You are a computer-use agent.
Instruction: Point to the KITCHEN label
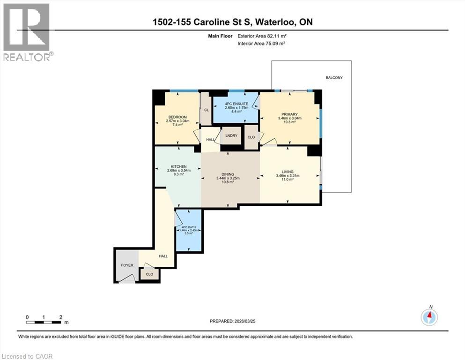[x=178, y=166]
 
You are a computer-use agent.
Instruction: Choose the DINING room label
[x=228, y=174]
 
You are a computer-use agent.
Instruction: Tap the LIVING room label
[x=288, y=172]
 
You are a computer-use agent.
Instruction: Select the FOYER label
[x=127, y=265]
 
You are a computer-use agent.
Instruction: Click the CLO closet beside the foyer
[x=149, y=274]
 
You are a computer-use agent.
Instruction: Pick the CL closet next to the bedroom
[x=206, y=110]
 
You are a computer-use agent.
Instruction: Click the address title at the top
[x=232, y=22]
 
